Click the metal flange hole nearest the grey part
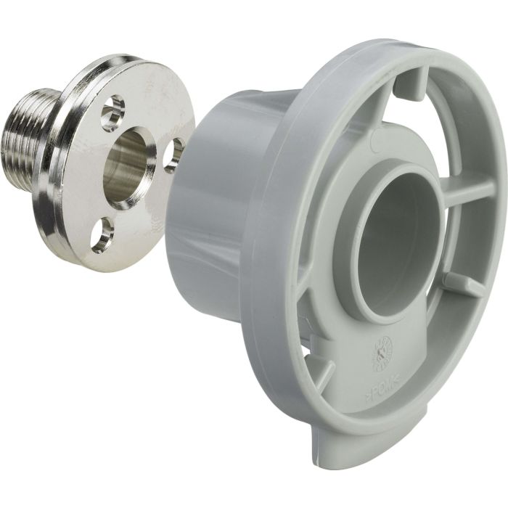(x=173, y=155)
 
